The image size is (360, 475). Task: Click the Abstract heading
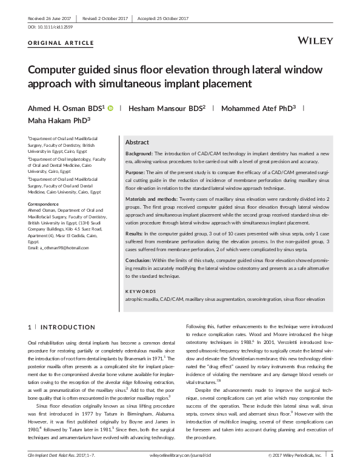pos(136,141)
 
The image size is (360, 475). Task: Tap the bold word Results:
pos(135,233)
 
